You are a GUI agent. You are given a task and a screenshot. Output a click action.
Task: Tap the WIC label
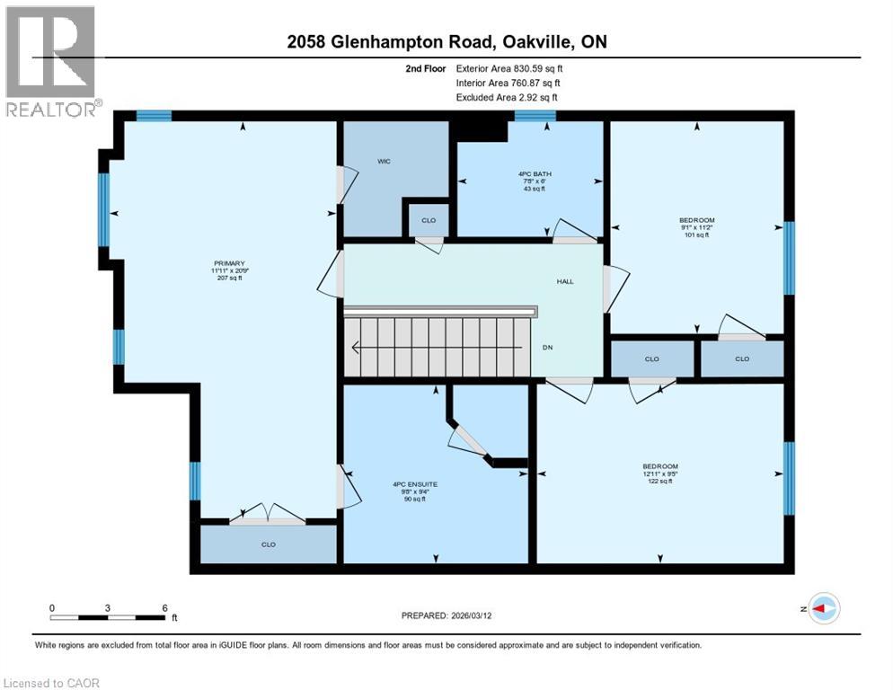click(x=383, y=162)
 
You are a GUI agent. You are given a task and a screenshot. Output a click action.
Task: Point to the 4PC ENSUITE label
click(x=415, y=484)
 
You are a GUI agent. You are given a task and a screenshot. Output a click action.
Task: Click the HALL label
click(x=564, y=281)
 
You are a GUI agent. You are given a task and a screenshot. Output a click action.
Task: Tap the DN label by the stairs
click(x=548, y=348)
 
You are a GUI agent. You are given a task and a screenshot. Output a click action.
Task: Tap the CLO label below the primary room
click(x=268, y=544)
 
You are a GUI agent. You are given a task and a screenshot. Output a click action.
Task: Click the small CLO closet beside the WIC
click(x=429, y=220)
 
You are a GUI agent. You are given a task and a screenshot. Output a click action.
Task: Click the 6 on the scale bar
click(x=164, y=607)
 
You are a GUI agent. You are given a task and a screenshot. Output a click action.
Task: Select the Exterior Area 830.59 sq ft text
click(x=508, y=68)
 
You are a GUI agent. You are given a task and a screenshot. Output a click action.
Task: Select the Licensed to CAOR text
click(x=51, y=683)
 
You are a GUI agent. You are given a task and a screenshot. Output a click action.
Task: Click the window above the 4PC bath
click(x=535, y=115)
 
